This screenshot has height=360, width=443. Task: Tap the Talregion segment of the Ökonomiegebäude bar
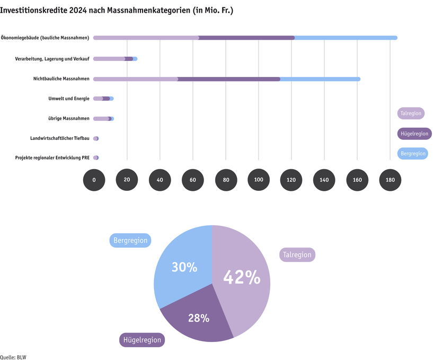click(x=146, y=38)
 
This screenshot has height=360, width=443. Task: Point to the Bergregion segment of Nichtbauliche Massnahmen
click(x=320, y=79)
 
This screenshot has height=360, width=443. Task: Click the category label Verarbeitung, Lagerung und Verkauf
click(x=52, y=58)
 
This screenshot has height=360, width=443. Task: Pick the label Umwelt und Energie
click(x=69, y=99)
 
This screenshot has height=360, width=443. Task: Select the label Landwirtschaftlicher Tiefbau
click(x=60, y=138)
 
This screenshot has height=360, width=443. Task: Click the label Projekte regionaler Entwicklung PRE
click(x=52, y=158)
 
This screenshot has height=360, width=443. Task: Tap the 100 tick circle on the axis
click(x=259, y=180)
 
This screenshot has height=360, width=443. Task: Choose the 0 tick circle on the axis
click(x=94, y=180)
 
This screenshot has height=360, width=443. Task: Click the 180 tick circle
click(x=390, y=180)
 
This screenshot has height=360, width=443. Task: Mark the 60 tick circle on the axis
click(x=192, y=180)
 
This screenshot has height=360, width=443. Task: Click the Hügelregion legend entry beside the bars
click(x=414, y=134)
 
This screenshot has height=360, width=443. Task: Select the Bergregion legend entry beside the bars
click(x=412, y=153)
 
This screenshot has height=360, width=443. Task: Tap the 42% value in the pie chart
click(x=242, y=277)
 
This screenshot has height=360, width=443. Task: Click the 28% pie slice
click(x=199, y=318)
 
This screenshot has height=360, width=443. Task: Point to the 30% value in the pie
click(x=184, y=267)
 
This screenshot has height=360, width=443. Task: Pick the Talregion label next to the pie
click(x=297, y=255)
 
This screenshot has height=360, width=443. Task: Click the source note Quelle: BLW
click(x=13, y=357)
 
